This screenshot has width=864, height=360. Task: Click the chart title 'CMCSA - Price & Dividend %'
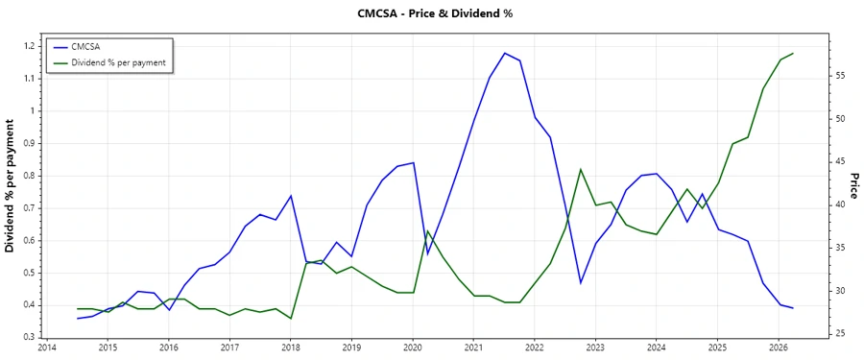(x=431, y=13)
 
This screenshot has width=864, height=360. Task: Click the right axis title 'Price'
(x=853, y=186)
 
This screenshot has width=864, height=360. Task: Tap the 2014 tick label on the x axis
(x=46, y=348)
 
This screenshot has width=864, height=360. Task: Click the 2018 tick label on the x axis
(x=290, y=348)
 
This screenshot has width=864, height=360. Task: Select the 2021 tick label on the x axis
(x=473, y=348)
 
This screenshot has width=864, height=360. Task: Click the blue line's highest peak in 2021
(x=504, y=53)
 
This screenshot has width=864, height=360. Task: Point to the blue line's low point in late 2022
(x=580, y=283)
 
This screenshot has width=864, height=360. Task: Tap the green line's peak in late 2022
(x=580, y=169)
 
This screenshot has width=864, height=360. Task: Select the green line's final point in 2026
(x=793, y=54)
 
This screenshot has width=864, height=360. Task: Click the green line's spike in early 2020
(x=427, y=231)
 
